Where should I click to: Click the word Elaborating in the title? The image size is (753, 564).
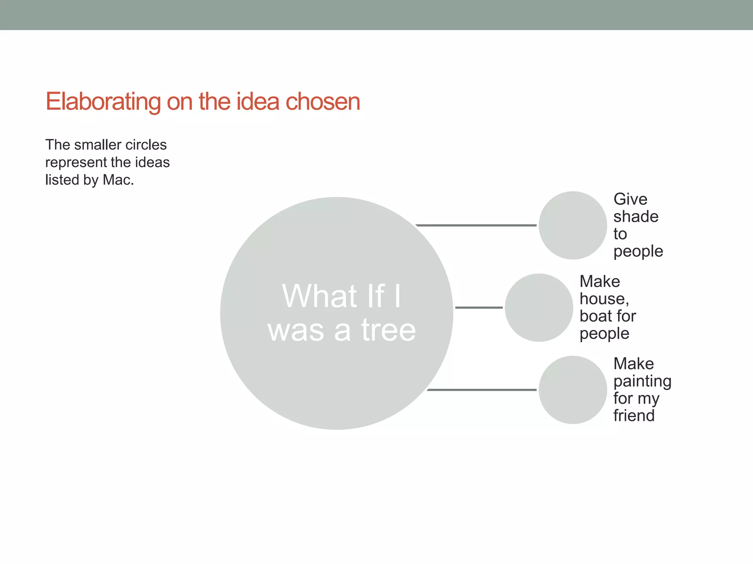[x=103, y=102]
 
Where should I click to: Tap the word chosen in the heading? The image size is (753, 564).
[x=323, y=102]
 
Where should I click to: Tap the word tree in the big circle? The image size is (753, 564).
[x=388, y=330]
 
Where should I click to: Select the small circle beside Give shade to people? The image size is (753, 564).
[x=572, y=225]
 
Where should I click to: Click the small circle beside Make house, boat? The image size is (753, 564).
[x=539, y=308]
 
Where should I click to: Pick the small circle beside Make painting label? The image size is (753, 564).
[x=572, y=390]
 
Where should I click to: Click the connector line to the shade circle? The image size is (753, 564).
[x=476, y=225]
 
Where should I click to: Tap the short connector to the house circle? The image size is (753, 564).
[x=479, y=307]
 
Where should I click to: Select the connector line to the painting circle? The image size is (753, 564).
[x=482, y=390]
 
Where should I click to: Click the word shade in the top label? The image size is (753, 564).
[x=636, y=217]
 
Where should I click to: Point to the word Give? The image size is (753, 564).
[x=630, y=199]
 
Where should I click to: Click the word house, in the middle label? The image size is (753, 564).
[x=604, y=299]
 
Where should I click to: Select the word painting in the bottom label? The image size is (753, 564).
[x=642, y=382]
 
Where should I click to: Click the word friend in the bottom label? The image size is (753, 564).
[x=634, y=416]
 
